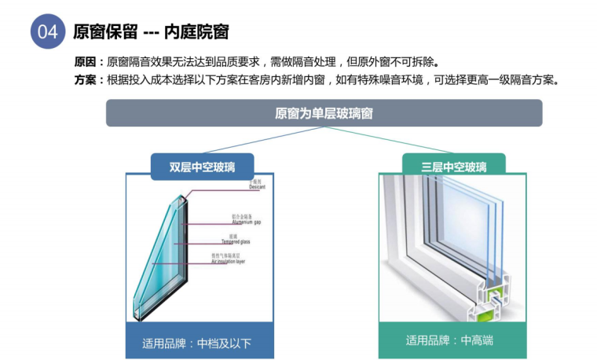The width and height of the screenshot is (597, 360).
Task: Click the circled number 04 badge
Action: [x=46, y=32]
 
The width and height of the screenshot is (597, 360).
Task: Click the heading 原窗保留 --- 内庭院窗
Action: [x=150, y=32]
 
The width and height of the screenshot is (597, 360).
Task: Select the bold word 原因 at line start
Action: [x=85, y=62]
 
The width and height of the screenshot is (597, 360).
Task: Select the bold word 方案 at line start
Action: [x=85, y=79]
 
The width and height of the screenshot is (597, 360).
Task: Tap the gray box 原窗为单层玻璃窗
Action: [x=324, y=113]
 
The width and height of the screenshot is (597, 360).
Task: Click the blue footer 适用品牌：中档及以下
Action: [x=200, y=343]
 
